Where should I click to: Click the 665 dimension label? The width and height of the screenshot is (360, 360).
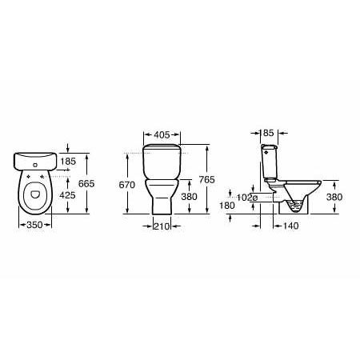86,184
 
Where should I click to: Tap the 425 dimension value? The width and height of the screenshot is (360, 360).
67,195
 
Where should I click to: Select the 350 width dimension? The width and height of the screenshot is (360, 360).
34,225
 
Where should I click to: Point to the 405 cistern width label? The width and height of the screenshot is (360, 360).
162,135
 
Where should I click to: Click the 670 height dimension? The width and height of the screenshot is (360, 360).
127,185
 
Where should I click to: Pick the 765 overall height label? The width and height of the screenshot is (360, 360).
207,180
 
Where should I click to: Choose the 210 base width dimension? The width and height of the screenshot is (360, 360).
162,226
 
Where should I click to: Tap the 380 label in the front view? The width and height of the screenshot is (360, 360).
189,197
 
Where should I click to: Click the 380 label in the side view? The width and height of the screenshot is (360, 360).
334,197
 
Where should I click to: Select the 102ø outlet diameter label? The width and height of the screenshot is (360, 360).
247,198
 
